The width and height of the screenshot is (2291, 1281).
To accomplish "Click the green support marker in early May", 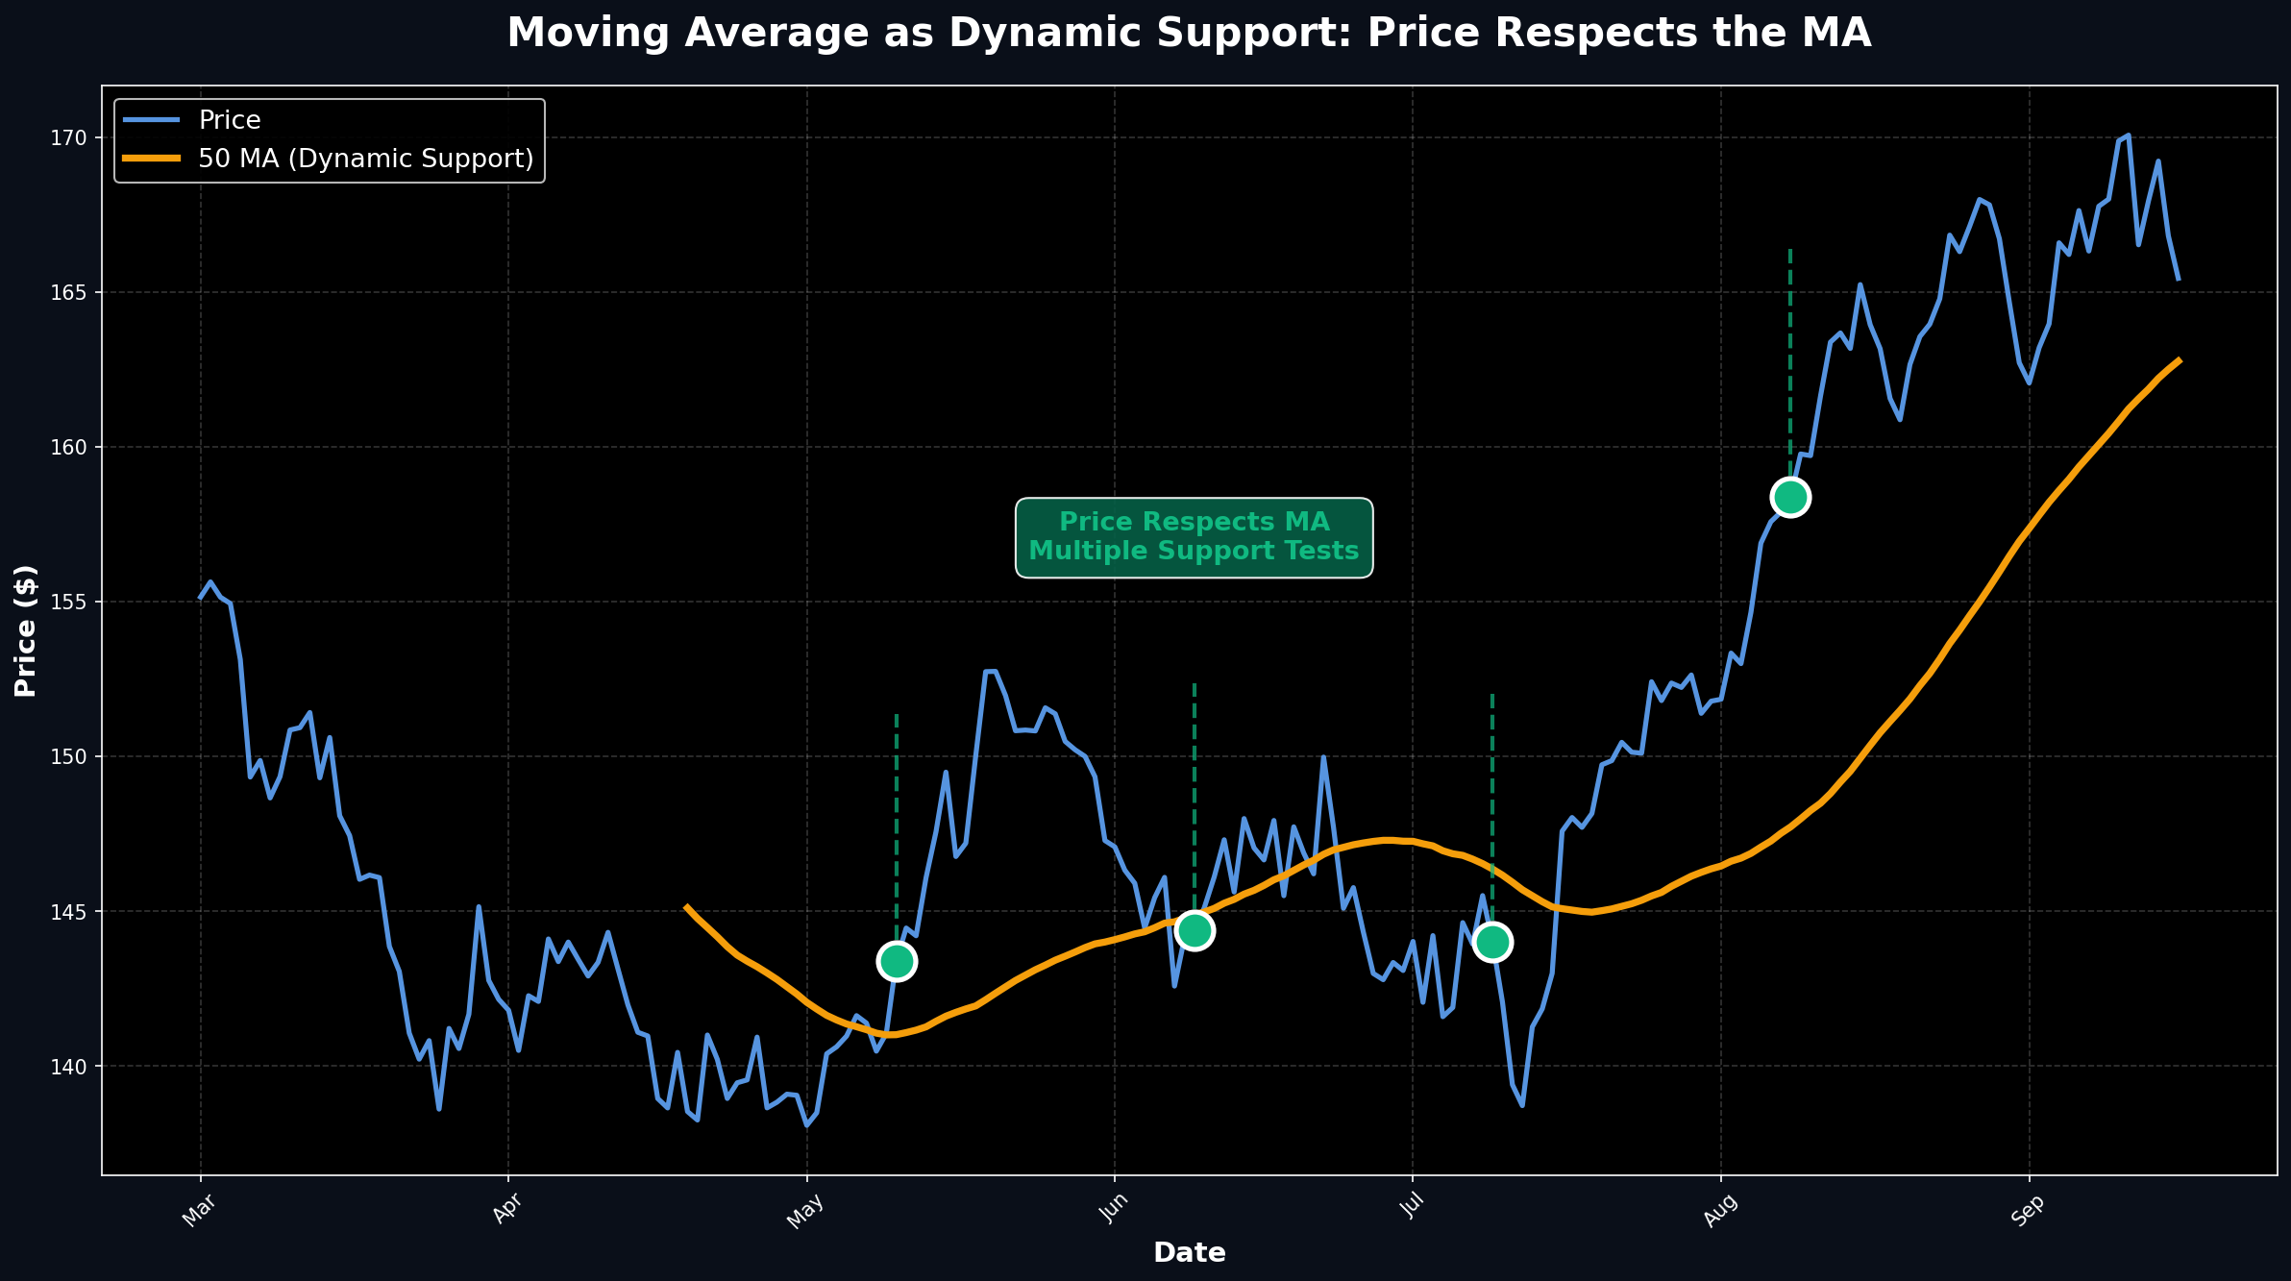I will point(897,960).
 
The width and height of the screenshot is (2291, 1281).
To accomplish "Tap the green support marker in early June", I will point(1195,930).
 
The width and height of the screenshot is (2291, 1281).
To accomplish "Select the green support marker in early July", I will point(1492,942).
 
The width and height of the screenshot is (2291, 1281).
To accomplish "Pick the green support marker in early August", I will point(1790,497).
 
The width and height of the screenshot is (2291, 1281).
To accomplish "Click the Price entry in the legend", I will point(229,120).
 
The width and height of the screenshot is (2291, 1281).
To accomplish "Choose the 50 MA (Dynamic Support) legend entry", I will point(365,159).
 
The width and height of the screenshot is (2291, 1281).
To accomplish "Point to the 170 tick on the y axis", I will point(70,137).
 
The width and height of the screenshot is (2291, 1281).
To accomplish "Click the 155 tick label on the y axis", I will point(70,602).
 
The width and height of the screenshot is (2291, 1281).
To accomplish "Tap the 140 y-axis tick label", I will point(70,1066).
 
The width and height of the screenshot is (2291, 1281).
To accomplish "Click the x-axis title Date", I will point(1189,1252).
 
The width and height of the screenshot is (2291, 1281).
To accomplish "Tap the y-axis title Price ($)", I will point(26,630).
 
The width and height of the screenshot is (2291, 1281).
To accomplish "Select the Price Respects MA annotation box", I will point(1194,537).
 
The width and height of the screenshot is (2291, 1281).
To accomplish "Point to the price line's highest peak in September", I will point(2128,135).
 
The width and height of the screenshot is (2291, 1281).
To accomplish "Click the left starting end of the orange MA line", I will point(686,906).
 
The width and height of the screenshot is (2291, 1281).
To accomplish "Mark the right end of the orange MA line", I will point(2179,360).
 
